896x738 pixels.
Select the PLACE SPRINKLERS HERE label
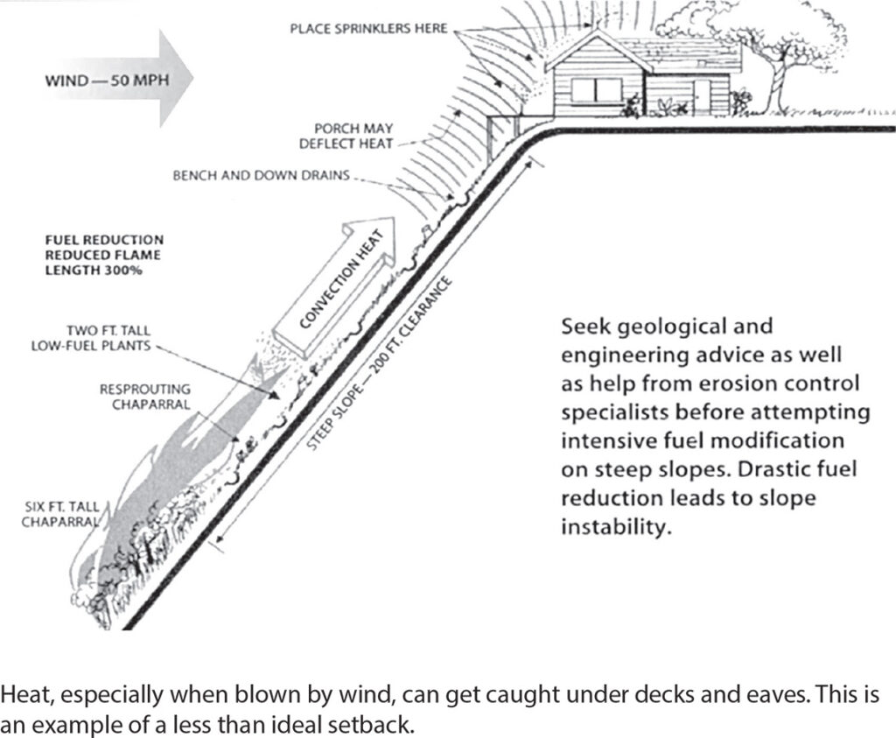coord(368,29)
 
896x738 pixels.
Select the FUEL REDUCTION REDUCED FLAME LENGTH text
coord(103,255)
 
